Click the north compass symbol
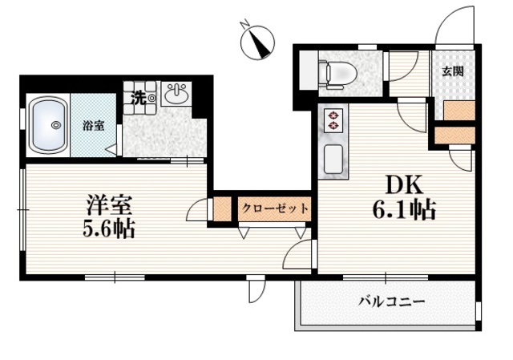[258, 41]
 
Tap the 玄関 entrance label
[453, 71]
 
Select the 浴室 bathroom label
[93, 125]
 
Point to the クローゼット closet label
[275, 208]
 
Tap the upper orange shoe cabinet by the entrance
[458, 111]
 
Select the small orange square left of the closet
[220, 208]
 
